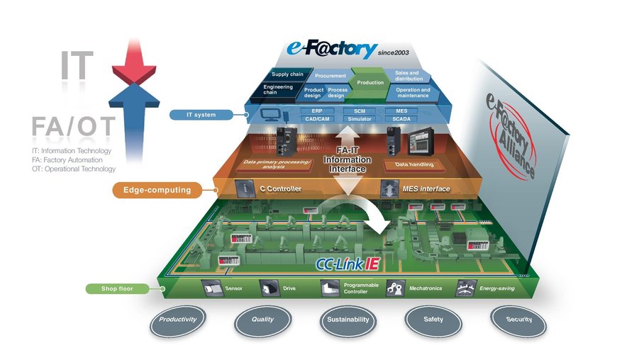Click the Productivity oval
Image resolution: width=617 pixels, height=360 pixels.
click(x=177, y=320)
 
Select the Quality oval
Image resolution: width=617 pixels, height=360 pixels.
click(x=262, y=320)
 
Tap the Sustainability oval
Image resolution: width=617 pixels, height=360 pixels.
click(x=348, y=320)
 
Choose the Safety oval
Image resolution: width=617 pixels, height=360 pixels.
click(x=433, y=320)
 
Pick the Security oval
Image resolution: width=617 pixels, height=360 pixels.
click(x=519, y=320)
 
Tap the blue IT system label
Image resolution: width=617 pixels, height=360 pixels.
click(x=203, y=114)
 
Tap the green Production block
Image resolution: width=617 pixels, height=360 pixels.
click(x=369, y=83)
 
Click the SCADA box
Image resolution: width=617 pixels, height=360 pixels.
click(x=401, y=120)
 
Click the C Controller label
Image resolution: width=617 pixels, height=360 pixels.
click(x=279, y=189)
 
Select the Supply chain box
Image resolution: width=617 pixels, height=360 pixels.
click(x=287, y=74)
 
